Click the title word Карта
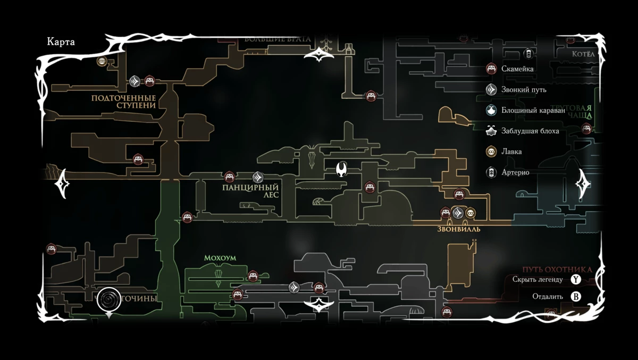point(61,43)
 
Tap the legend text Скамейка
point(517,69)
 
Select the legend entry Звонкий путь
point(524,89)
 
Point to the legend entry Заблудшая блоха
point(530,131)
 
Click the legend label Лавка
point(511,152)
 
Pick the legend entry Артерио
point(515,172)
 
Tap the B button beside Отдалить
point(576,296)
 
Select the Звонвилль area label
point(459,229)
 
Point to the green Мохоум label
point(220,258)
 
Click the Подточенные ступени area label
point(123,102)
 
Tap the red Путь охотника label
point(557,270)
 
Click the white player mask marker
point(342,170)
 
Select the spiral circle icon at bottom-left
point(109,299)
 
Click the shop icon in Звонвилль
point(470,213)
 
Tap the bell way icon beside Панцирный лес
point(258,177)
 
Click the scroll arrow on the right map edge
point(583,185)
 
